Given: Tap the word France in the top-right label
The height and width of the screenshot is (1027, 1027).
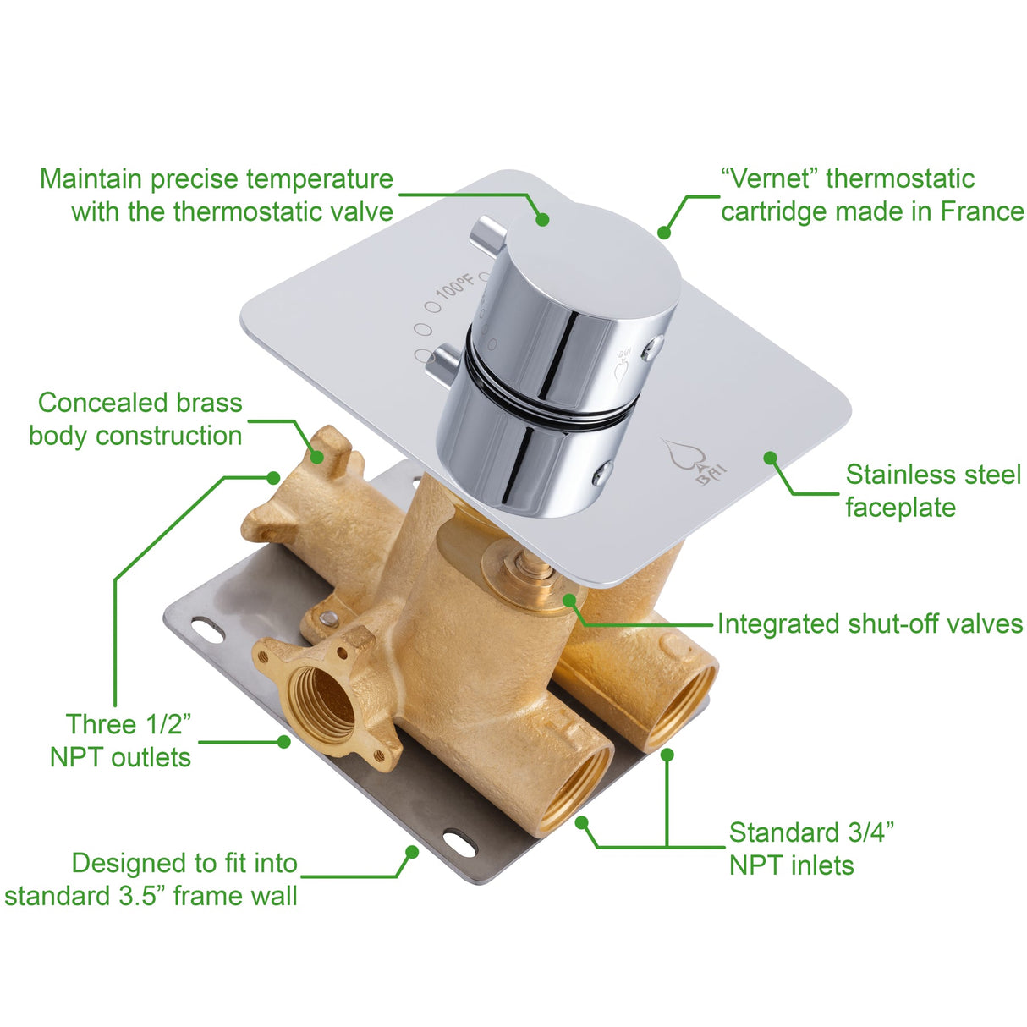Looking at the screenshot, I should click(981, 211).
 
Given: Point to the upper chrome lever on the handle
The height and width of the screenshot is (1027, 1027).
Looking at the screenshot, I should click(490, 232).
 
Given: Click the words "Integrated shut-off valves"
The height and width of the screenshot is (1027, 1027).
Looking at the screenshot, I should click(870, 624).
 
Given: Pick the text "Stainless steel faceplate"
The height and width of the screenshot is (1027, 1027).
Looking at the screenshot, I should click(932, 491).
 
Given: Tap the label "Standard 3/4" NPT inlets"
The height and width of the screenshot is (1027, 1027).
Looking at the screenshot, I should click(810, 849).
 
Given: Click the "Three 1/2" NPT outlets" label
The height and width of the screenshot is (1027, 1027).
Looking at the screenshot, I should click(122, 740).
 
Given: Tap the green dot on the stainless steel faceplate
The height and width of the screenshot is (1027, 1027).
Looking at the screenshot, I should click(770, 458).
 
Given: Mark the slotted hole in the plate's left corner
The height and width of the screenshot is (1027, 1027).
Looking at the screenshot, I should click(206, 629).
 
